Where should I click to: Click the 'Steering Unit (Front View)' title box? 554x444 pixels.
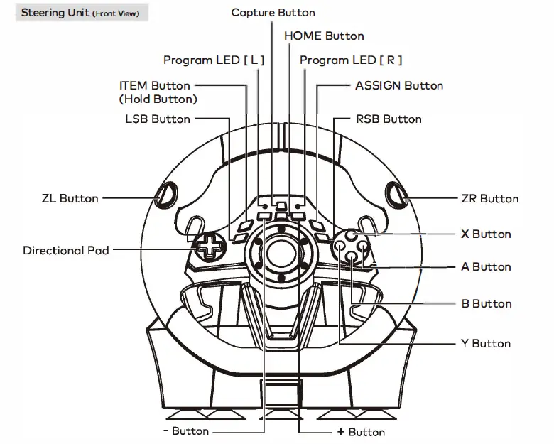click(x=80, y=13)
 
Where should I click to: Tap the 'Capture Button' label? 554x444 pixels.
click(x=273, y=13)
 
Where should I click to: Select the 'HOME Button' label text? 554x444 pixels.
click(x=324, y=36)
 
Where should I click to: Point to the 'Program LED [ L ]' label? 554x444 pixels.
click(x=214, y=60)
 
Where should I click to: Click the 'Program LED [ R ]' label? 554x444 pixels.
click(x=351, y=60)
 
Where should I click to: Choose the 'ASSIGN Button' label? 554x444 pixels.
click(x=399, y=85)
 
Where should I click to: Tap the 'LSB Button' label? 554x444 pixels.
click(x=158, y=119)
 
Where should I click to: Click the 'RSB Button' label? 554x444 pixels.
click(x=389, y=119)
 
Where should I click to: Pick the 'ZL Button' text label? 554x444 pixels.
click(x=70, y=198)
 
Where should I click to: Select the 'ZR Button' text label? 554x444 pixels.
click(x=490, y=199)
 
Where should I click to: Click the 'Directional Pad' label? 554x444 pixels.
click(x=66, y=250)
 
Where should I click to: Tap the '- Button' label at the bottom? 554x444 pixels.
click(x=186, y=431)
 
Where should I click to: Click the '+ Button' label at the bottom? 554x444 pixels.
click(x=361, y=431)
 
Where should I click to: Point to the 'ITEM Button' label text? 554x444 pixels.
click(x=154, y=85)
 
